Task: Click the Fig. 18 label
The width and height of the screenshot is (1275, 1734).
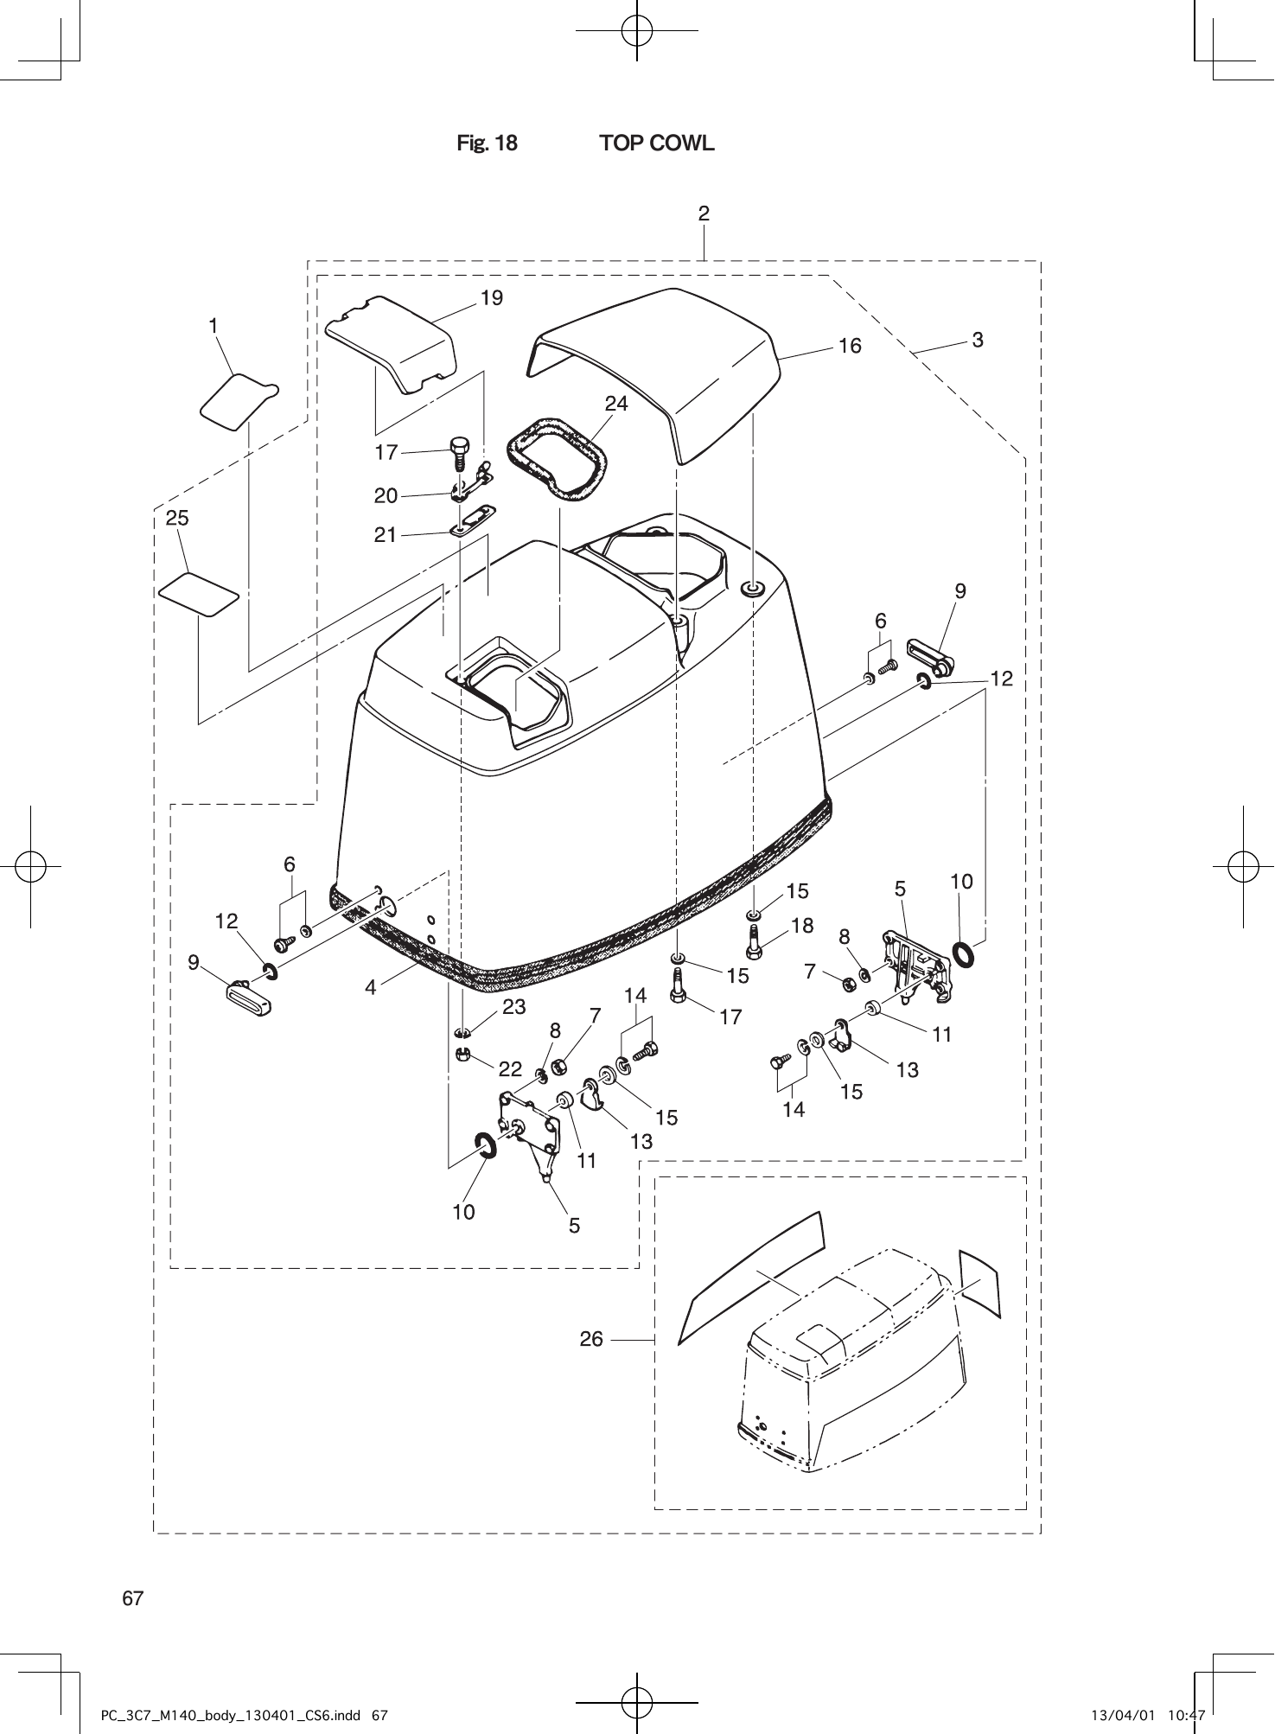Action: (487, 143)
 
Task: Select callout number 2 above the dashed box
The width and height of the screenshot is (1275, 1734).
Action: (704, 214)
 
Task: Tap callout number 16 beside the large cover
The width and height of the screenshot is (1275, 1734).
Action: (850, 346)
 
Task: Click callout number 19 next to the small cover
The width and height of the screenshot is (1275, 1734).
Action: (491, 298)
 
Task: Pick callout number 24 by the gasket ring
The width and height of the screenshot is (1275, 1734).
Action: (616, 404)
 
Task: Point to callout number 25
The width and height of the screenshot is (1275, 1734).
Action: (177, 518)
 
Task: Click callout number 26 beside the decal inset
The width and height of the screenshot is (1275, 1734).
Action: (591, 1340)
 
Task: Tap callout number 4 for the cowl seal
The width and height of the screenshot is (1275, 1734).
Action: (371, 987)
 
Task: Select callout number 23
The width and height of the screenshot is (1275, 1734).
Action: (513, 1007)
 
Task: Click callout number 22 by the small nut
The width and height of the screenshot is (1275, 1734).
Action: (510, 1068)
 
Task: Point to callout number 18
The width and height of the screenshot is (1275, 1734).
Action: (801, 926)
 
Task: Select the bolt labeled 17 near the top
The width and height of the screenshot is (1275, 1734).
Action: (459, 455)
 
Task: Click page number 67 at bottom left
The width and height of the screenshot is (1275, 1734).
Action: (132, 1598)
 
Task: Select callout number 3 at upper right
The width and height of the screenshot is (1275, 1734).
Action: (978, 340)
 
